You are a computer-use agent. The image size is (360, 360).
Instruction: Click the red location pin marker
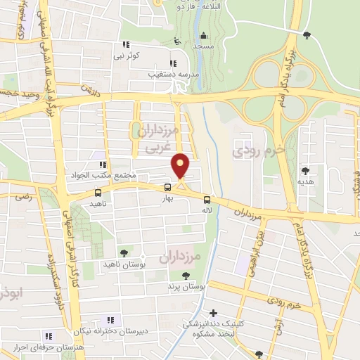pos(181,167)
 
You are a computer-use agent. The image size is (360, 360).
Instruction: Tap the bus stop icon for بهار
pos(167,187)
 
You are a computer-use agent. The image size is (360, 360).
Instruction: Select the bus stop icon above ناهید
pos(97,193)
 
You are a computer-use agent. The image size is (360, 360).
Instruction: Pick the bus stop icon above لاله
pos(206,198)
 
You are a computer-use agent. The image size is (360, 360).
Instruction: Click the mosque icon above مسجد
pos(205,35)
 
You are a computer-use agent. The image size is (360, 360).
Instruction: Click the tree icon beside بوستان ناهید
pos(124,252)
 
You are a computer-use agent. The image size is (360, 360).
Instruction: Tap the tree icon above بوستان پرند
pos(186,276)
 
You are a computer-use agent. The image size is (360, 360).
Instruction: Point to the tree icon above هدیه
pos(305,171)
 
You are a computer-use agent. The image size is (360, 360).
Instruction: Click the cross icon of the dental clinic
pos(213,312)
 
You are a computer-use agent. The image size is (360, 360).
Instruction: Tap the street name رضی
pos(12,200)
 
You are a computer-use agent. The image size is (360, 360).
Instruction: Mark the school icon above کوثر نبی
pos(125,44)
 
